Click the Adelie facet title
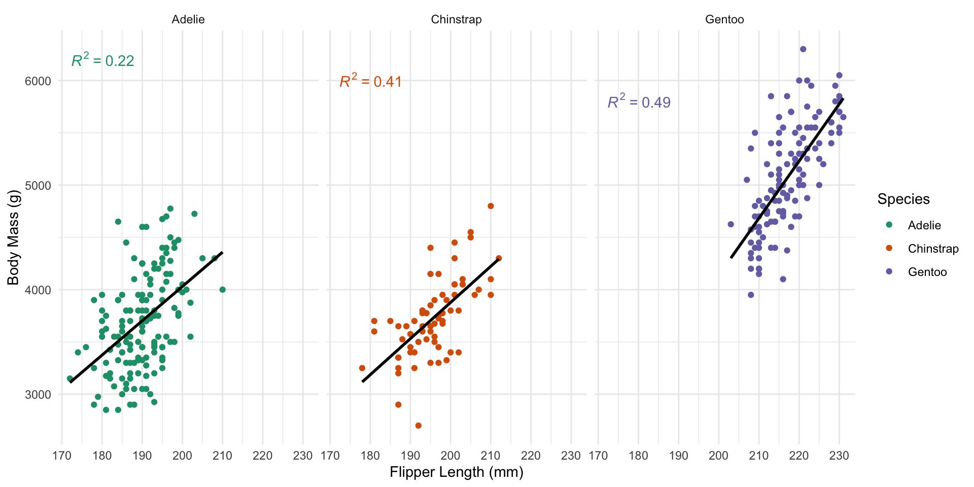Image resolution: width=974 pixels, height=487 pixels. point(188,20)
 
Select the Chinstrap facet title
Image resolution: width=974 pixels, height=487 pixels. point(456,20)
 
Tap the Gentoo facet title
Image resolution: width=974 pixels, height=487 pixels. point(724,20)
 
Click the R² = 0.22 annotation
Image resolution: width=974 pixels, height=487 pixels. point(103,60)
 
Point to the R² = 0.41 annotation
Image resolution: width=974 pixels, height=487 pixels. point(371,81)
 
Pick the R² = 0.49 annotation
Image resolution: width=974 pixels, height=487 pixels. point(639,102)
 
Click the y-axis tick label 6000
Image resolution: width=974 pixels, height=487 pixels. point(38,81)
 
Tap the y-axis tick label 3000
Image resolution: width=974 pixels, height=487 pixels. point(38,395)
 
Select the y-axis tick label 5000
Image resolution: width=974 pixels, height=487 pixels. point(38,186)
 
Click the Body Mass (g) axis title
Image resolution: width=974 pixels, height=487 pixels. point(13,238)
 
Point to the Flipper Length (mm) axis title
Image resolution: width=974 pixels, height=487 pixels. point(456,472)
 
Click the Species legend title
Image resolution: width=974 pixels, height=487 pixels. point(903,199)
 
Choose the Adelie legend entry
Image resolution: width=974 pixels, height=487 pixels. point(924,225)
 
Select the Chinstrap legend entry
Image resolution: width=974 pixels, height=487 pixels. point(933,249)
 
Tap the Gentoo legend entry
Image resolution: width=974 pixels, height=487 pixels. point(927,272)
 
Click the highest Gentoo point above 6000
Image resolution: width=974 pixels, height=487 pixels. point(803,49)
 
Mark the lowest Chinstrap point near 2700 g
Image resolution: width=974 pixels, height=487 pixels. point(419,426)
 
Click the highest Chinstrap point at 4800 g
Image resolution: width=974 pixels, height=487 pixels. point(491,206)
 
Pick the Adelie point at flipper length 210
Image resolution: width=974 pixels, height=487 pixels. point(222,290)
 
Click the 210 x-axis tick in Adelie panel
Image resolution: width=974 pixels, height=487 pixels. point(222,456)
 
